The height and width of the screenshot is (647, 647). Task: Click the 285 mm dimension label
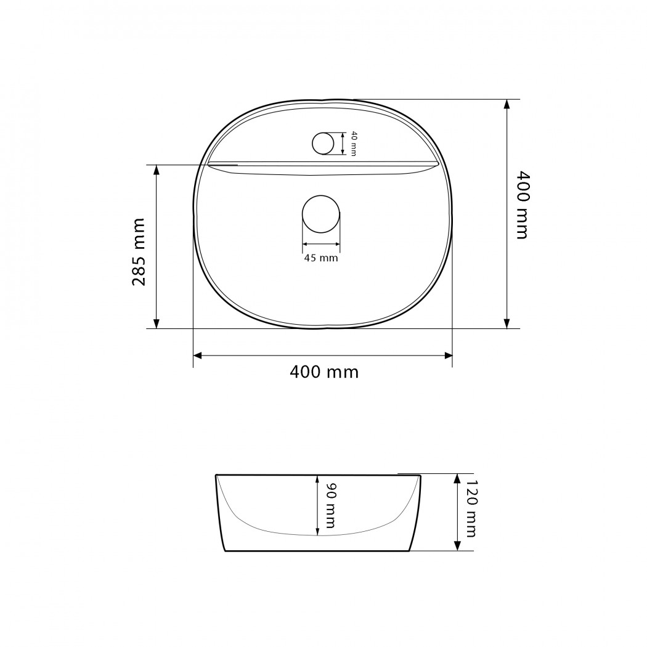click(x=139, y=251)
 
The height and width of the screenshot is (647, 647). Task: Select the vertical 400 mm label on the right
click(x=523, y=205)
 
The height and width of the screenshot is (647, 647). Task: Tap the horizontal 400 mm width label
click(x=324, y=372)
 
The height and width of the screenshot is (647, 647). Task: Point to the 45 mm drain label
click(x=321, y=258)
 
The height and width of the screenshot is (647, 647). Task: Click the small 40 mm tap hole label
click(x=354, y=143)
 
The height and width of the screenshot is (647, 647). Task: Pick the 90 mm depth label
click(x=330, y=505)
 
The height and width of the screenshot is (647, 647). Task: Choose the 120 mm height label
click(x=470, y=508)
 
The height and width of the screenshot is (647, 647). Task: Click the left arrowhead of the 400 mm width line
click(x=197, y=356)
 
